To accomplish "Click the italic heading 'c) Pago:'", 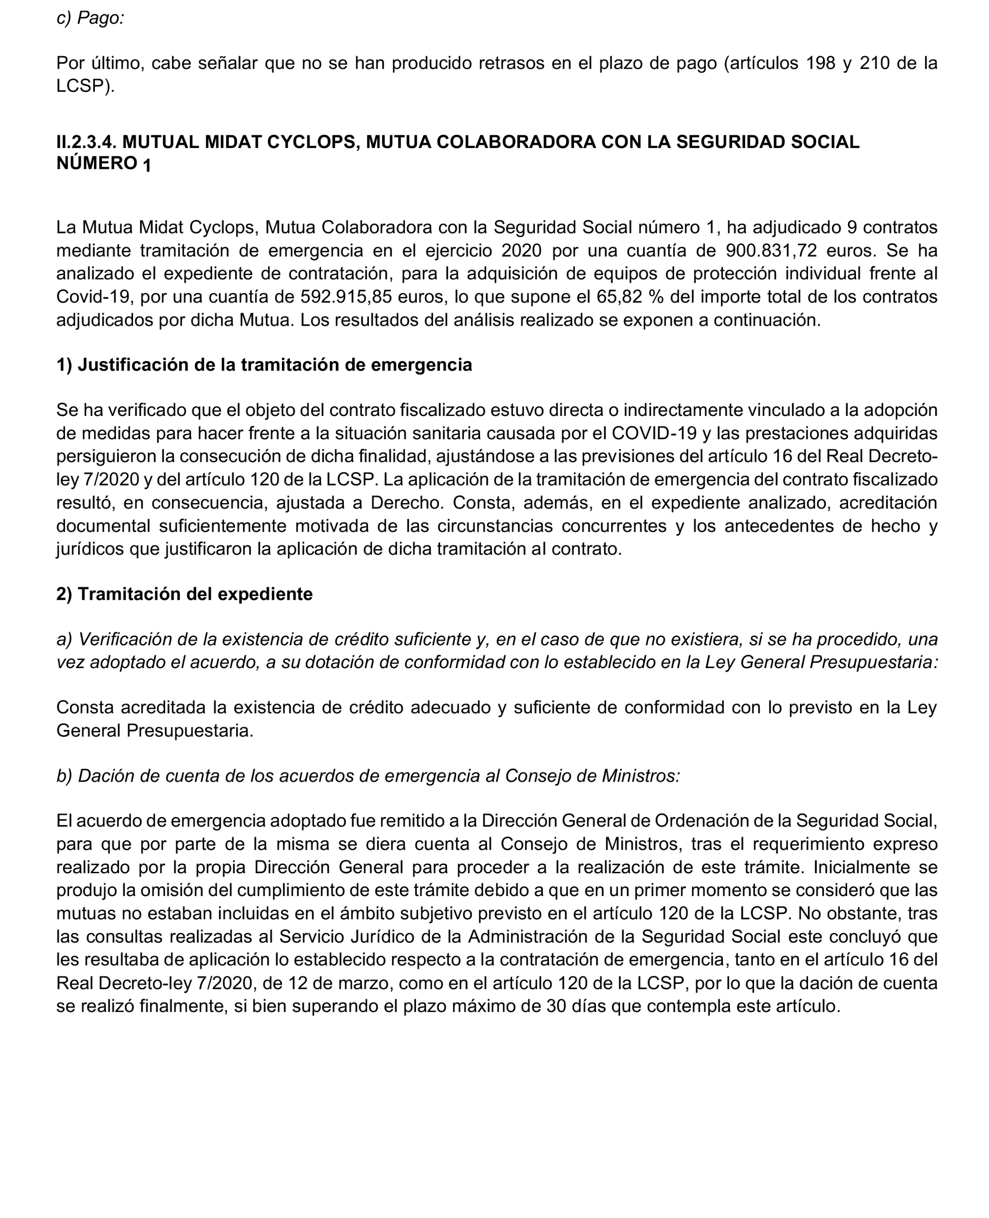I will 90,18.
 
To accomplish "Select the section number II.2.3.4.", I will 87,142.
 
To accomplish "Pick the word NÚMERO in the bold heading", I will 96,163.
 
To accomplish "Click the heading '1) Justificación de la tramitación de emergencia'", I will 264,365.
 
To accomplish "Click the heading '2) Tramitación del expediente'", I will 184,594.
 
